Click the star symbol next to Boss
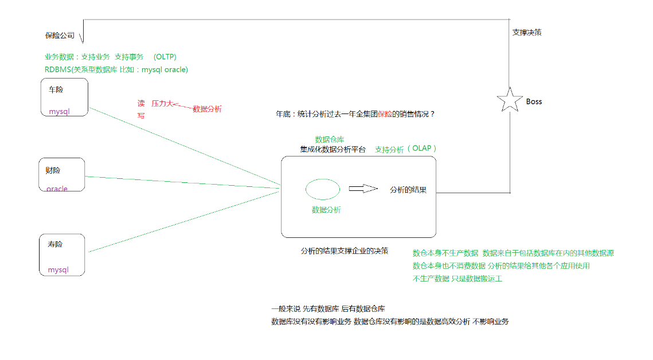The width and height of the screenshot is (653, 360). [x=509, y=100]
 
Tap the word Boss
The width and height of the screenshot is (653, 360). [x=534, y=101]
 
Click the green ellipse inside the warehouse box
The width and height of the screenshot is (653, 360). [x=322, y=189]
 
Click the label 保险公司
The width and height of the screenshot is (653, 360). [x=60, y=36]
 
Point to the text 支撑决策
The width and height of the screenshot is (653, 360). [x=527, y=32]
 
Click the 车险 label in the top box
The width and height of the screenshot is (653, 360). [x=56, y=90]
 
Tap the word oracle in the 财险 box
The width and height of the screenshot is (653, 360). [x=57, y=189]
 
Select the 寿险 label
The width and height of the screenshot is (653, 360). [x=55, y=244]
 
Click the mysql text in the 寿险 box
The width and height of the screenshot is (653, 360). [x=58, y=269]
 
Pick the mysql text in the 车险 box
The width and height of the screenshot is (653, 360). [x=59, y=111]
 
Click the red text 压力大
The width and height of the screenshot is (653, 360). [x=162, y=104]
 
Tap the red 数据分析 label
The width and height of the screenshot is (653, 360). [x=207, y=108]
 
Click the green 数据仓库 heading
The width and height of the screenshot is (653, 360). [x=330, y=139]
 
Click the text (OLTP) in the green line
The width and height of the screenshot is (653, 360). [x=165, y=57]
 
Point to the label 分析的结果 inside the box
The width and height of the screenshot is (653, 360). [x=408, y=190]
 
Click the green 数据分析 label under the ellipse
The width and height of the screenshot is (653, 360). [x=326, y=210]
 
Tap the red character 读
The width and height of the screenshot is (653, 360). [x=141, y=104]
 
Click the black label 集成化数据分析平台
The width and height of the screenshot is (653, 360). [x=333, y=150]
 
